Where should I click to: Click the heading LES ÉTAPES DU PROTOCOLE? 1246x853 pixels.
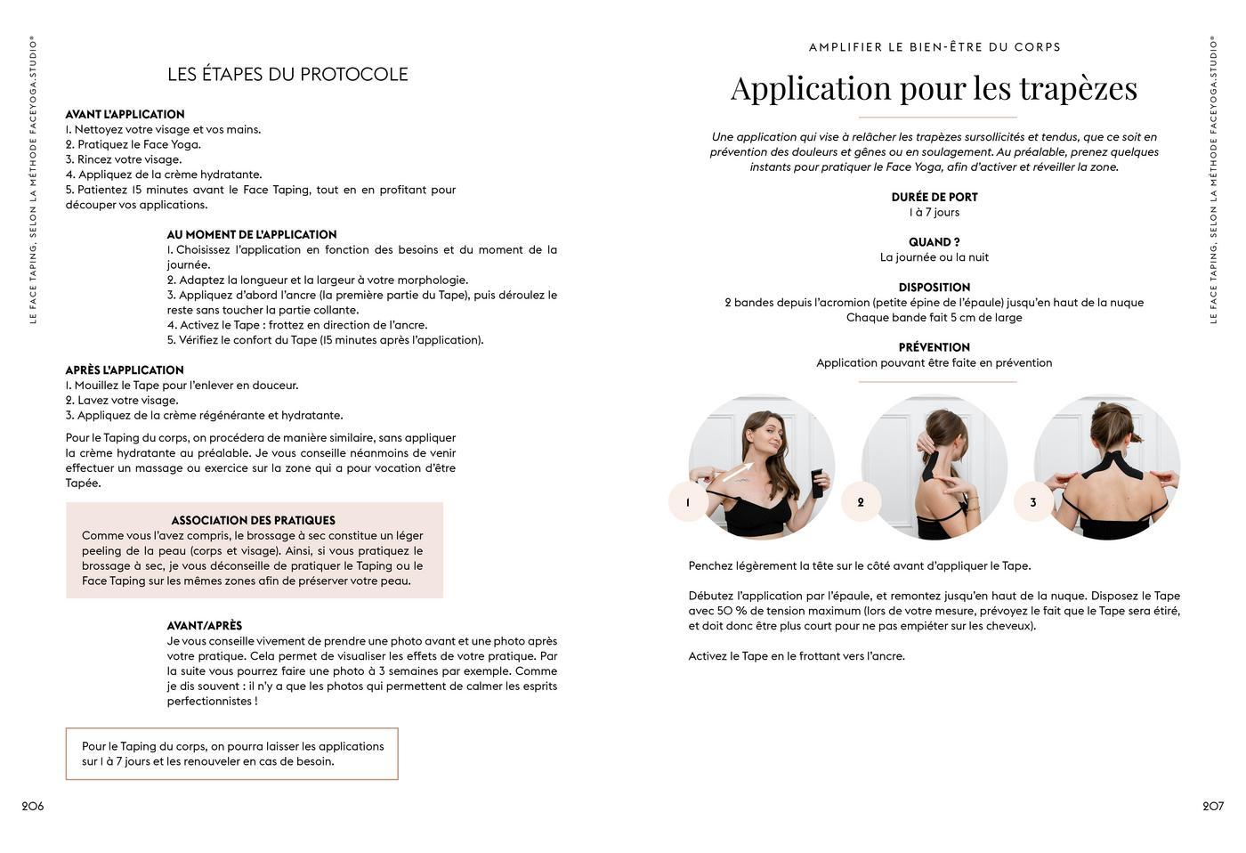pyautogui.click(x=287, y=75)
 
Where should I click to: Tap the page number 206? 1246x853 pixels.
pyautogui.click(x=33, y=807)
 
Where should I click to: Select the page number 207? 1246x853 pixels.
pyautogui.click(x=1213, y=807)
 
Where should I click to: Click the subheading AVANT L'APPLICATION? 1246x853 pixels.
pyautogui.click(x=125, y=115)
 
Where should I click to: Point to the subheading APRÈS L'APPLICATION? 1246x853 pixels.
pyautogui.click(x=125, y=370)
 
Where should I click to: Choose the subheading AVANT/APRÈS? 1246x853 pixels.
pyautogui.click(x=205, y=626)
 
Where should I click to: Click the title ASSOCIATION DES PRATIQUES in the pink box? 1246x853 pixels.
pyautogui.click(x=254, y=521)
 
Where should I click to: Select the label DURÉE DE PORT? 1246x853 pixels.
pyautogui.click(x=934, y=198)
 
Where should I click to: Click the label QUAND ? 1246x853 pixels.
pyautogui.click(x=934, y=242)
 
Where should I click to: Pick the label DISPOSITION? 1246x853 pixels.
pyautogui.click(x=934, y=288)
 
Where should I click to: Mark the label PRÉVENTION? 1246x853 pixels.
pyautogui.click(x=934, y=348)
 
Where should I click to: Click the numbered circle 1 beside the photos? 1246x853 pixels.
pyautogui.click(x=688, y=502)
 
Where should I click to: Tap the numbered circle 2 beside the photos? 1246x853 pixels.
pyautogui.click(x=861, y=502)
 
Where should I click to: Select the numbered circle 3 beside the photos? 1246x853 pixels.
pyautogui.click(x=1033, y=502)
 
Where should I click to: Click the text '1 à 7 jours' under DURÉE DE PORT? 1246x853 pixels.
pyautogui.click(x=934, y=213)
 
